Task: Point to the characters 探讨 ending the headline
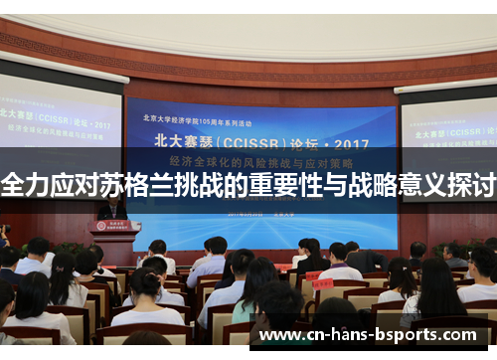coord(471,184)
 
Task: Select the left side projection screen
coord(60,124)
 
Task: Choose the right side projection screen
coord(446,129)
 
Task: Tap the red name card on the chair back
coord(322,283)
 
